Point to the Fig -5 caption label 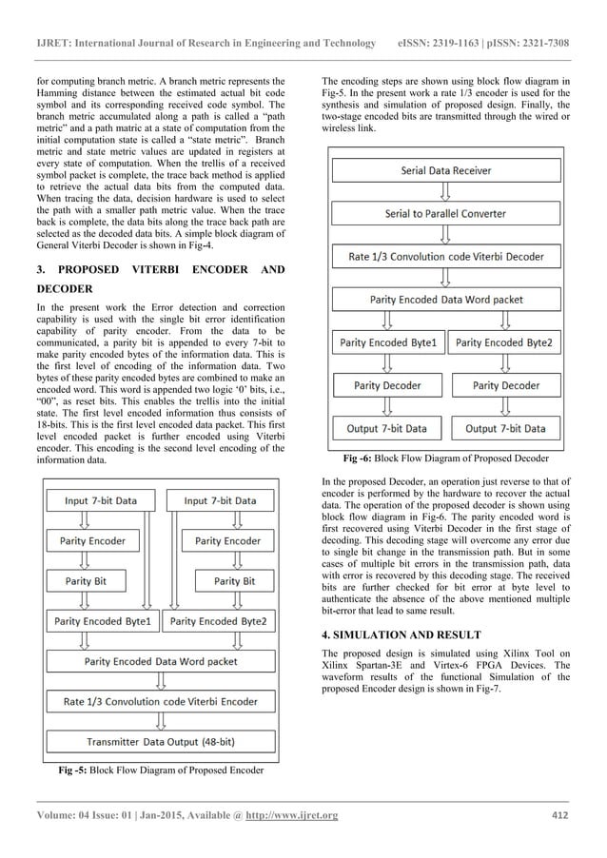(x=76, y=770)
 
